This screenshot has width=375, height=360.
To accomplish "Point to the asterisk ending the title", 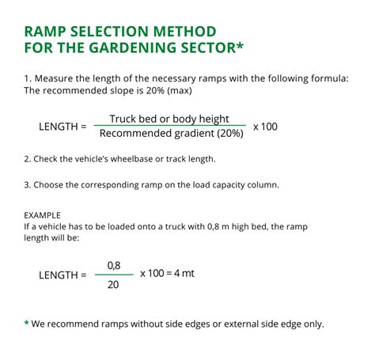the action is point(240,48).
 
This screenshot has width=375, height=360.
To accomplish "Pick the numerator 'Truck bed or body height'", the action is point(170,119).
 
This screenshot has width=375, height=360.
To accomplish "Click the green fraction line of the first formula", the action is point(169,126).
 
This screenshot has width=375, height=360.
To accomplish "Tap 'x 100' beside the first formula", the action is point(265,127).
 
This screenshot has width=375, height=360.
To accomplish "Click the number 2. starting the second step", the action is point(27,159).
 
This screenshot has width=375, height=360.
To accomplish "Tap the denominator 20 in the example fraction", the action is point(113,283).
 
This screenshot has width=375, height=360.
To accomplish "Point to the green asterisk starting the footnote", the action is point(26,324).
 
